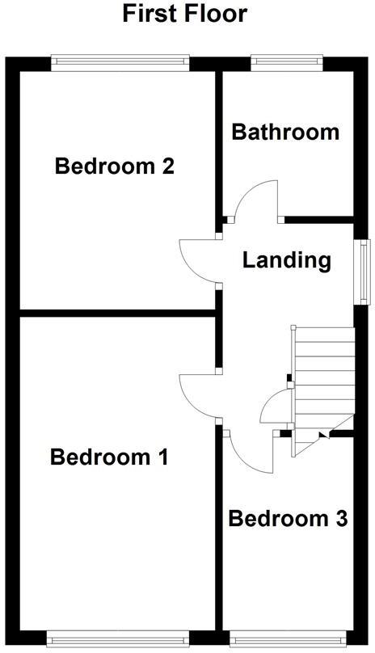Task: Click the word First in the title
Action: click(150, 14)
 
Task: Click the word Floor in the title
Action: click(215, 14)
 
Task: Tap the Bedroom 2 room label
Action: click(114, 166)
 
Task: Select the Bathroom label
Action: click(285, 132)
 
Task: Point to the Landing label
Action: click(287, 260)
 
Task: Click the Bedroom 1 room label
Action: click(109, 457)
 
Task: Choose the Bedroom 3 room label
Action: click(288, 518)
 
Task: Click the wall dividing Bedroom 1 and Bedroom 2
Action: click(113, 311)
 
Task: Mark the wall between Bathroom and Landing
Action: click(319, 218)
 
